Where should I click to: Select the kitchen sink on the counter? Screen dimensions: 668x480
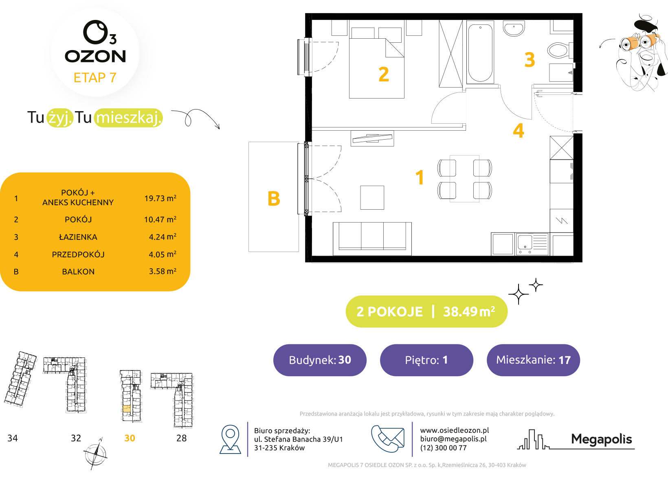532,244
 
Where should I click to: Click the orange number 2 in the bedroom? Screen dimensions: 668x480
384,74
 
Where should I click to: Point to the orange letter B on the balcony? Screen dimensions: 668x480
274,199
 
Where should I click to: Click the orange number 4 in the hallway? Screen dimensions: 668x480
519,131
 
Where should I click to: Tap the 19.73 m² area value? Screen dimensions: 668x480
160,198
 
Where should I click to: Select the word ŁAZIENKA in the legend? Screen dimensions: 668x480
78,237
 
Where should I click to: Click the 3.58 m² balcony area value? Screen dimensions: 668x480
163,271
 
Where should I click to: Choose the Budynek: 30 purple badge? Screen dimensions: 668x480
320,360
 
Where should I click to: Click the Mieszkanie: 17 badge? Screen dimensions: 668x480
533,360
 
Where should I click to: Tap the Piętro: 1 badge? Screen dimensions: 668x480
426,360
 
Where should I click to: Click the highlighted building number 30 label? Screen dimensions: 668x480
130,438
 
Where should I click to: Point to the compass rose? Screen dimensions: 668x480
96,454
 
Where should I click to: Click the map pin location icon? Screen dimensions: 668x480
230,439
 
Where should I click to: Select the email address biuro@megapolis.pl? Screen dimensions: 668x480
453,439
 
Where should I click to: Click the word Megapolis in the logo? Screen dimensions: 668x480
602,439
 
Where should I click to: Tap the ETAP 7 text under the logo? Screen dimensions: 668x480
95,78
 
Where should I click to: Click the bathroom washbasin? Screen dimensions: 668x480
514,28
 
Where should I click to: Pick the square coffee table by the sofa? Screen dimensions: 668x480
372,198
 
